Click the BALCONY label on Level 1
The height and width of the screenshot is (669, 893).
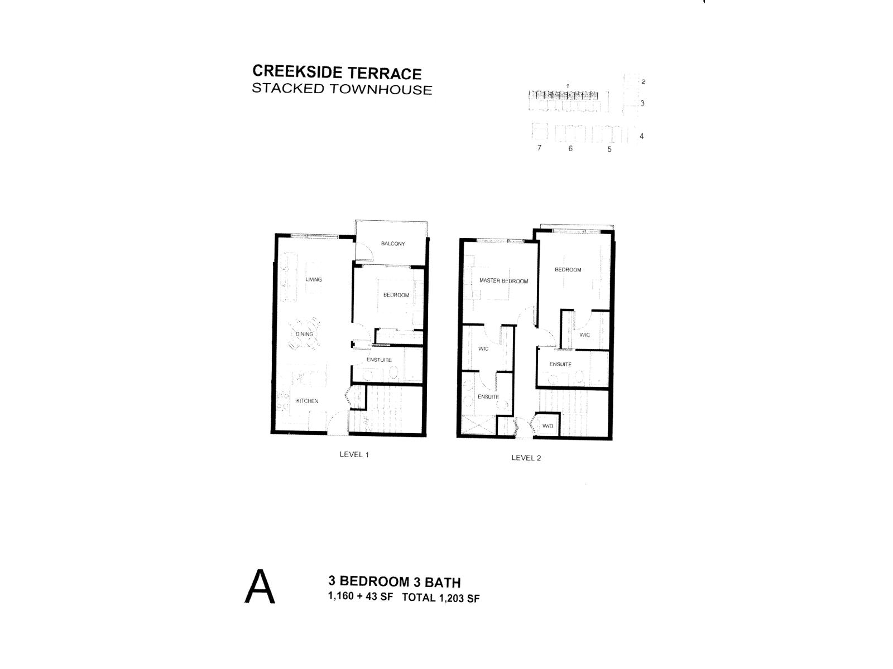[x=393, y=244]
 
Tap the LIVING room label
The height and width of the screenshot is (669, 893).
[x=314, y=279]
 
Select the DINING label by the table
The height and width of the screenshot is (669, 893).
[x=304, y=334]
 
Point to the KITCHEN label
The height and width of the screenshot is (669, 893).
[x=307, y=401]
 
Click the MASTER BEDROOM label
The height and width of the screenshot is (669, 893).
[x=503, y=281]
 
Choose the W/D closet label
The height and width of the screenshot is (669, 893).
[x=548, y=426]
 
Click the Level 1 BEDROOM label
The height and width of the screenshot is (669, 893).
[x=396, y=295]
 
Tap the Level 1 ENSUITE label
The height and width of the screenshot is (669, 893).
[x=379, y=360]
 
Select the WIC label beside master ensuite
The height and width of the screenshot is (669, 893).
[x=483, y=349]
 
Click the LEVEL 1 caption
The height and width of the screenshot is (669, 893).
[x=354, y=454]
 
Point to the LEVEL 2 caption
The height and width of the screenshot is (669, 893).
[x=526, y=458]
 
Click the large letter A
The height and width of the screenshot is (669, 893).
[x=260, y=587]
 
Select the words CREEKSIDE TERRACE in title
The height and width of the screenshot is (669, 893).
[x=337, y=72]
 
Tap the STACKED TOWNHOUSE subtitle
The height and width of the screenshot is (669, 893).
[x=342, y=89]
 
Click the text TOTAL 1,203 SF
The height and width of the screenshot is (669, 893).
[x=440, y=599]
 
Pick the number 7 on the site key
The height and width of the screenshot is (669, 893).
[x=539, y=148]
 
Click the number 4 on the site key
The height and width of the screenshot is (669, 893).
[x=642, y=136]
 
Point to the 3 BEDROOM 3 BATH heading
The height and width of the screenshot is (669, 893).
[x=395, y=582]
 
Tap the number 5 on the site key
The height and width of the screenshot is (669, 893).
[x=609, y=149]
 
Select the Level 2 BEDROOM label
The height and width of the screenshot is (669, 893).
[x=568, y=270]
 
